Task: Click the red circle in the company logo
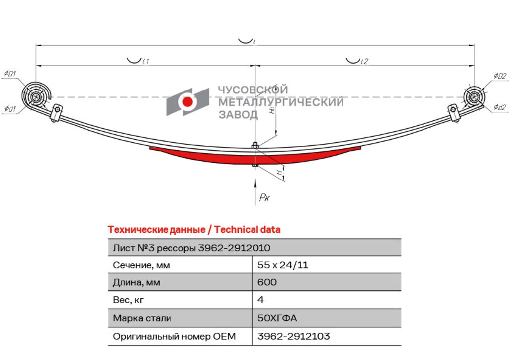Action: [187, 101]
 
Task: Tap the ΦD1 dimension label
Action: [10, 74]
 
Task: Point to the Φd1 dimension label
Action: [10, 108]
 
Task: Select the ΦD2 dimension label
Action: [500, 76]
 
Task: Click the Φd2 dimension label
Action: [500, 107]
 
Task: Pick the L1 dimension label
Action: [145, 61]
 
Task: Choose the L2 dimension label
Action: [364, 61]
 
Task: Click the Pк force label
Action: [264, 197]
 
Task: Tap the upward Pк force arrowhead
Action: [255, 182]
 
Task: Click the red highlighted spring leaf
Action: [255, 156]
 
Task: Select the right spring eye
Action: [474, 97]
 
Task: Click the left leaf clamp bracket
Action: [56, 113]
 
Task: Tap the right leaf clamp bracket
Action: [454, 113]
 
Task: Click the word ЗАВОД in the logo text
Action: [238, 114]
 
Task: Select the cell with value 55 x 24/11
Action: [282, 265]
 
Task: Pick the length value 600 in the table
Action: [267, 282]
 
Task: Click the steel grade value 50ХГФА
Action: [277, 318]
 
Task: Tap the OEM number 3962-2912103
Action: [293, 336]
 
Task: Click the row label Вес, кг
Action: [128, 300]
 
